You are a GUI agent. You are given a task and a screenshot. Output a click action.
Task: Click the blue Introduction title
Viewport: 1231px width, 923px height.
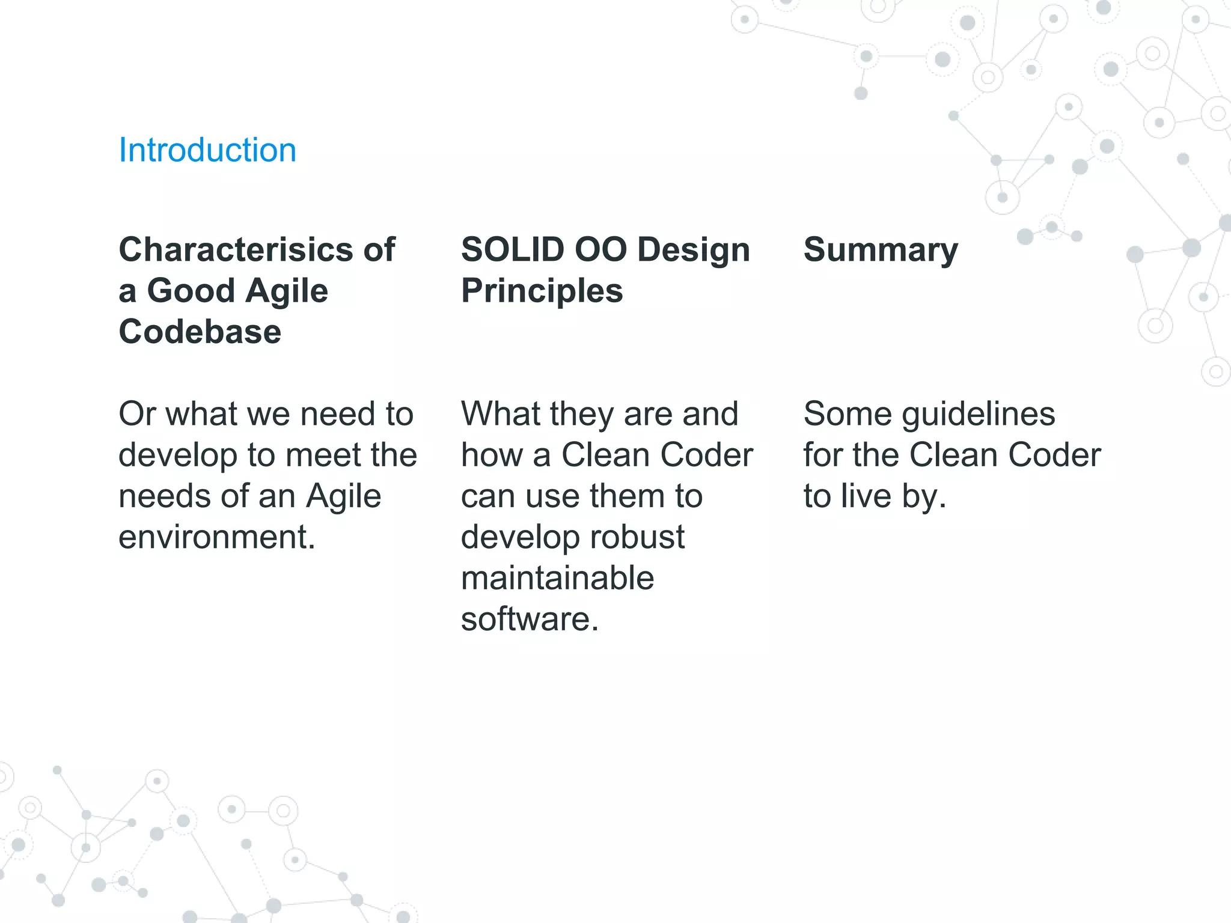[x=207, y=150]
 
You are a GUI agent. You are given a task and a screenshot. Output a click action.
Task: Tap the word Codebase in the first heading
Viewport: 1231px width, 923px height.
[x=200, y=332]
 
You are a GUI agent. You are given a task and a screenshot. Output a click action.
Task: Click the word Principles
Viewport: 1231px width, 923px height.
[x=542, y=291]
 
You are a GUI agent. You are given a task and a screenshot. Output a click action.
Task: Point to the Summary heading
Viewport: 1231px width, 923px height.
[x=881, y=250]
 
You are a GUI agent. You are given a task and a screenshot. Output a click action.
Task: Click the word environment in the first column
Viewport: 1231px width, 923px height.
[x=216, y=537]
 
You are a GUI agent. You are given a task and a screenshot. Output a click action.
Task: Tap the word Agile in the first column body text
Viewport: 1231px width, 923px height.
[x=343, y=496]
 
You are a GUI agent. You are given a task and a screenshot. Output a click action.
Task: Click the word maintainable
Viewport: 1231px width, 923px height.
[x=557, y=578]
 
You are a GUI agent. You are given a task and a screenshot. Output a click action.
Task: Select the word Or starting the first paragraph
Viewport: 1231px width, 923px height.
[x=138, y=414]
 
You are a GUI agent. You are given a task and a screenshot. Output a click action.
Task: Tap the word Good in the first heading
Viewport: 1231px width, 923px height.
[x=190, y=291]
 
